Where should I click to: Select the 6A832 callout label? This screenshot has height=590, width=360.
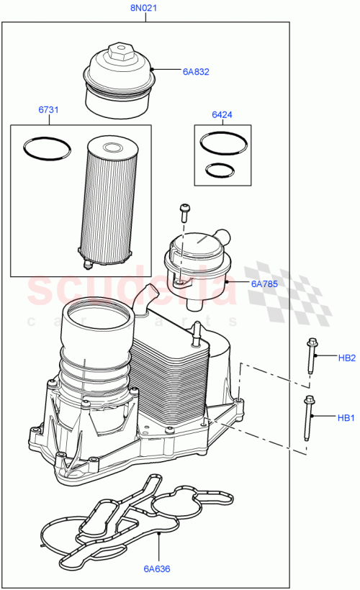pyautogui.click(x=195, y=71)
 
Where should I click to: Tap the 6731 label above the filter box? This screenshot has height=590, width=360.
pyautogui.click(x=48, y=110)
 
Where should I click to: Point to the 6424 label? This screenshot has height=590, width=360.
pyautogui.click(x=222, y=114)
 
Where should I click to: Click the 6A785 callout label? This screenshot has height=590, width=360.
pyautogui.click(x=264, y=283)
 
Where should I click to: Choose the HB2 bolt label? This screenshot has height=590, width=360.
pyautogui.click(x=347, y=357)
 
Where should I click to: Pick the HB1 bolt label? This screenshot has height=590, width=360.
pyautogui.click(x=347, y=417)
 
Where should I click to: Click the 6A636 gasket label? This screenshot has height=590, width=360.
pyautogui.click(x=156, y=569)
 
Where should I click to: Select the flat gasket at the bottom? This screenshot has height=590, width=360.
pyautogui.click(x=137, y=518)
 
